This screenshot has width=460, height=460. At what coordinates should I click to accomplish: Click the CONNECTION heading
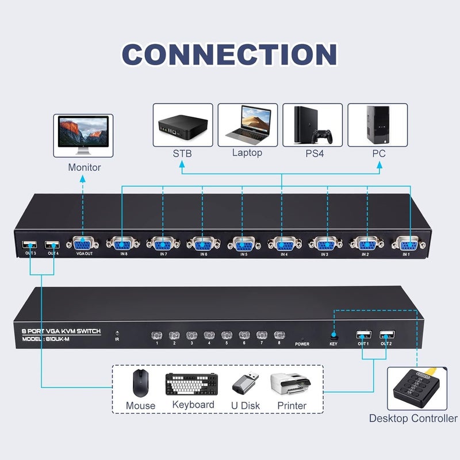tap(229, 55)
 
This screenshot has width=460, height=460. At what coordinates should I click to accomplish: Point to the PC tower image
tap(378, 125)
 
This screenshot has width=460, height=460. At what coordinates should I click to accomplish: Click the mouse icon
tap(140, 382)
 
